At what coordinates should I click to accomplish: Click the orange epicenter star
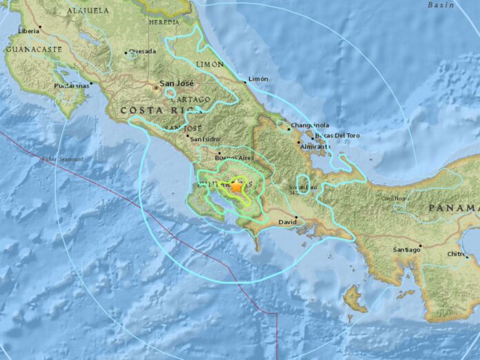237,186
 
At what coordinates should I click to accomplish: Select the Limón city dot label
258,79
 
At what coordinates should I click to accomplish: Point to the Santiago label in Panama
406,250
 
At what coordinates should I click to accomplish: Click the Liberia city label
28,31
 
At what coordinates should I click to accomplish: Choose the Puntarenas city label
72,86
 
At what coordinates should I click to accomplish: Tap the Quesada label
141,52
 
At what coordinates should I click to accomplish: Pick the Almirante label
314,147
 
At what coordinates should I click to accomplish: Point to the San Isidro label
204,138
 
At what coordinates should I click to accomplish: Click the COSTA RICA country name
151,110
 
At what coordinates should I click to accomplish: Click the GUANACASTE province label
33,50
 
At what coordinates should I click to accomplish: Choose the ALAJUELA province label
88,10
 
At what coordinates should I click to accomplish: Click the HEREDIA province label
164,22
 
